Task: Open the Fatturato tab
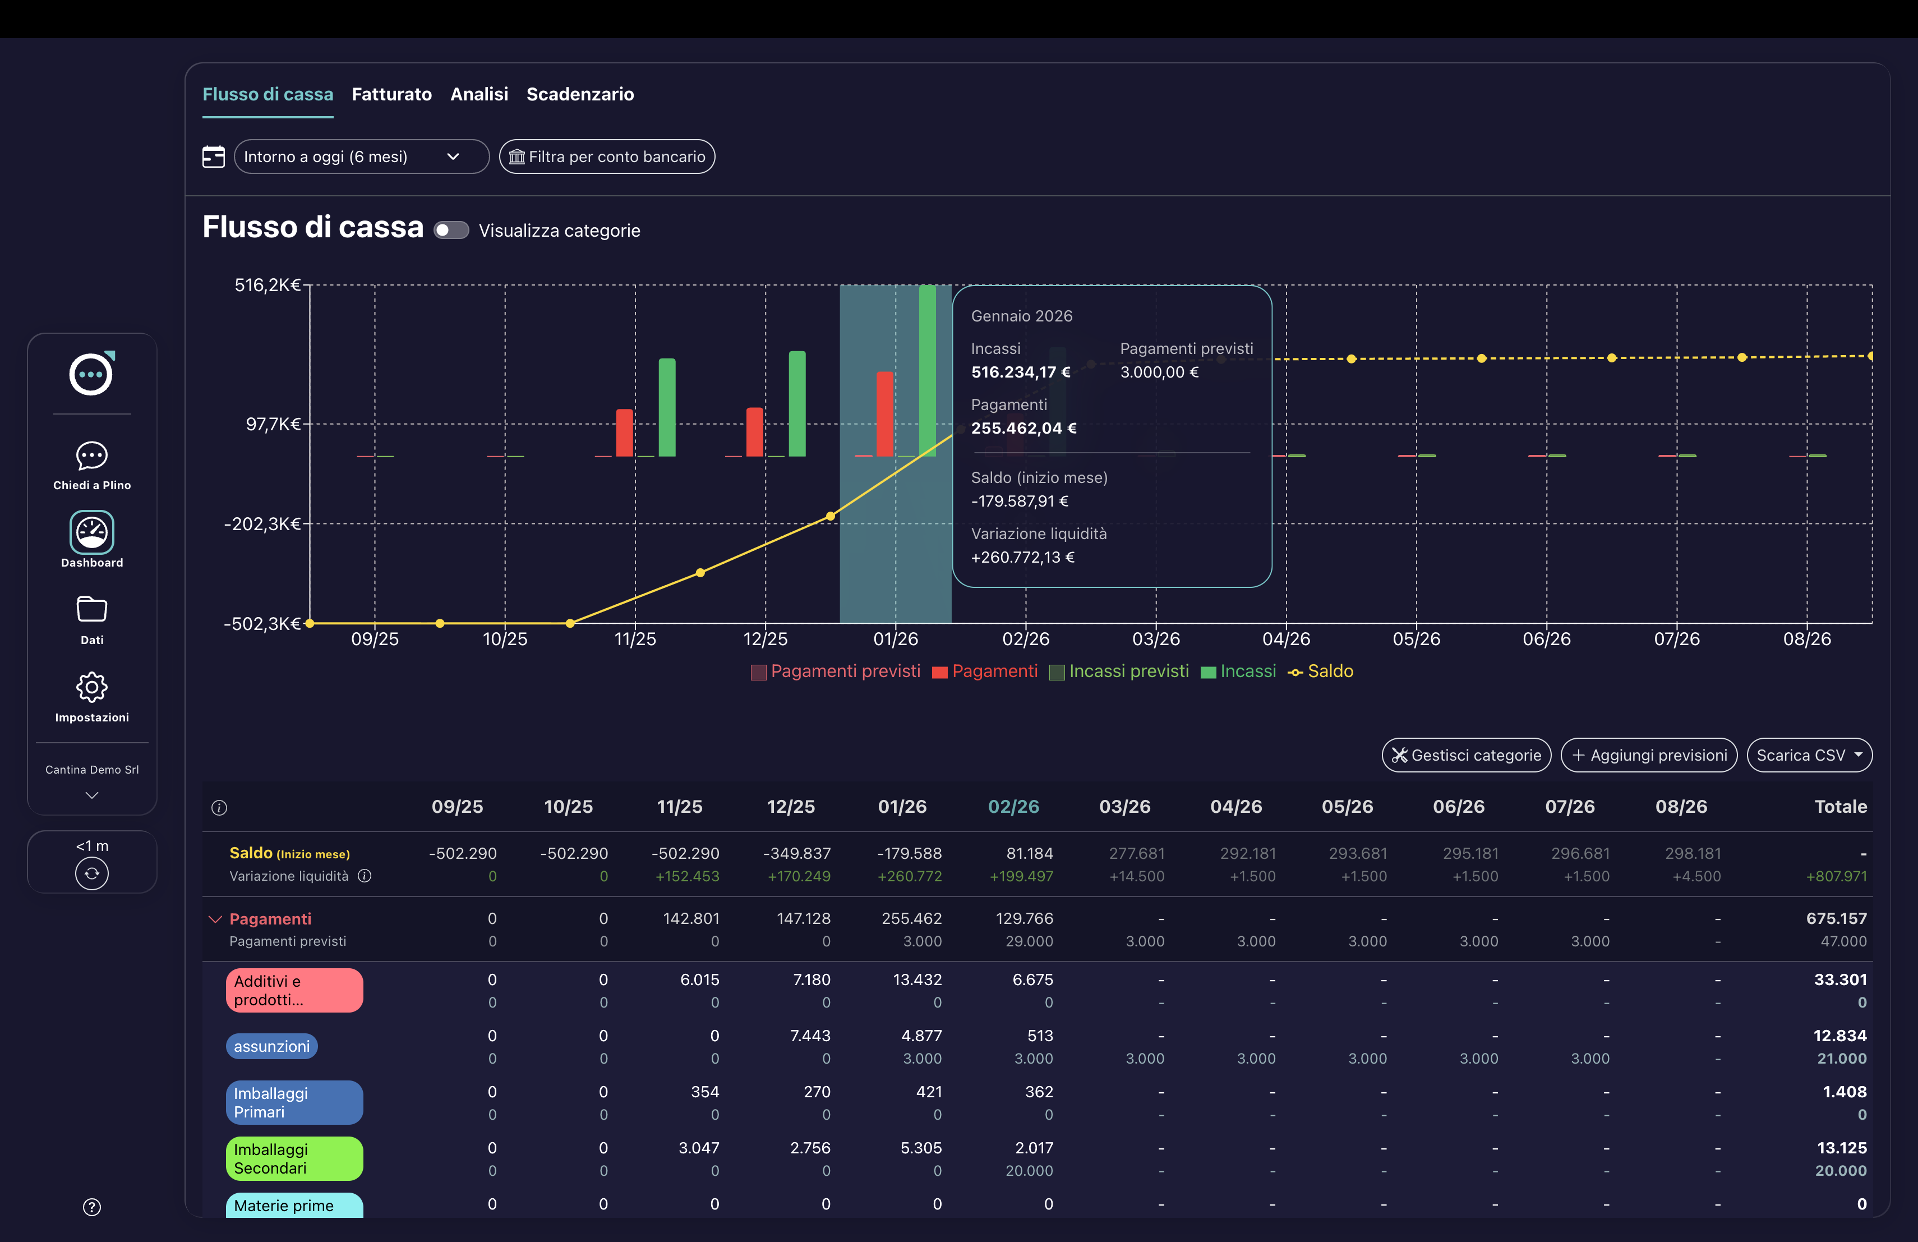coord(391,94)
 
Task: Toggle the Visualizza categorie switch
coord(451,231)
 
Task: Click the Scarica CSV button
coord(1809,755)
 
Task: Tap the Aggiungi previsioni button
coord(1649,755)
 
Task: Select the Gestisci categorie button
coord(1466,755)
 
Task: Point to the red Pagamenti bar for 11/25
coord(625,433)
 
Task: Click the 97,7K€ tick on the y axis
coord(273,424)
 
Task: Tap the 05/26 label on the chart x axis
coord(1416,639)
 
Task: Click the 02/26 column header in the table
coord(1013,807)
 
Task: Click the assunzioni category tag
coord(271,1046)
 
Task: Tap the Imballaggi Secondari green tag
coord(294,1158)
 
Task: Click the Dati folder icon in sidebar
coord(92,610)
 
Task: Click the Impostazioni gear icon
coord(92,688)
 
